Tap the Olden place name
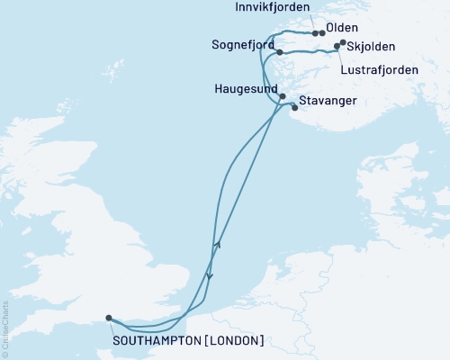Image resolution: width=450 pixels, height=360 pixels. pos(343,28)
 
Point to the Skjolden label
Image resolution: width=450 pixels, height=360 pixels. pos(373,46)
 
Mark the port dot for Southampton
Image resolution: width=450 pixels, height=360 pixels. pos(109,318)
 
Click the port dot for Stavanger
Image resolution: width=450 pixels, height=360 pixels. pos(294,108)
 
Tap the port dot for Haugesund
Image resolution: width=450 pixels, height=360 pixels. pos(283,96)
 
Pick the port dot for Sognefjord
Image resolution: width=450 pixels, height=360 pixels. pos(280,52)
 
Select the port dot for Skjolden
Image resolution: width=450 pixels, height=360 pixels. pos(343,41)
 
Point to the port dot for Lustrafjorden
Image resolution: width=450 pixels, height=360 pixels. pos(337,47)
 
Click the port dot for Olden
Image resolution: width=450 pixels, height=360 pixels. pos(322,33)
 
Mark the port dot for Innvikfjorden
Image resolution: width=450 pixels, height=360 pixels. pos(315,33)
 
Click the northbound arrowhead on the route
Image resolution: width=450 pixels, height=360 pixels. pos(216,244)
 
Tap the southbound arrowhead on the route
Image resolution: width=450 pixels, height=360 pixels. pos(209,276)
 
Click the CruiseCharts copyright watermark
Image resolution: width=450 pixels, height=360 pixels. pos(5,328)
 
